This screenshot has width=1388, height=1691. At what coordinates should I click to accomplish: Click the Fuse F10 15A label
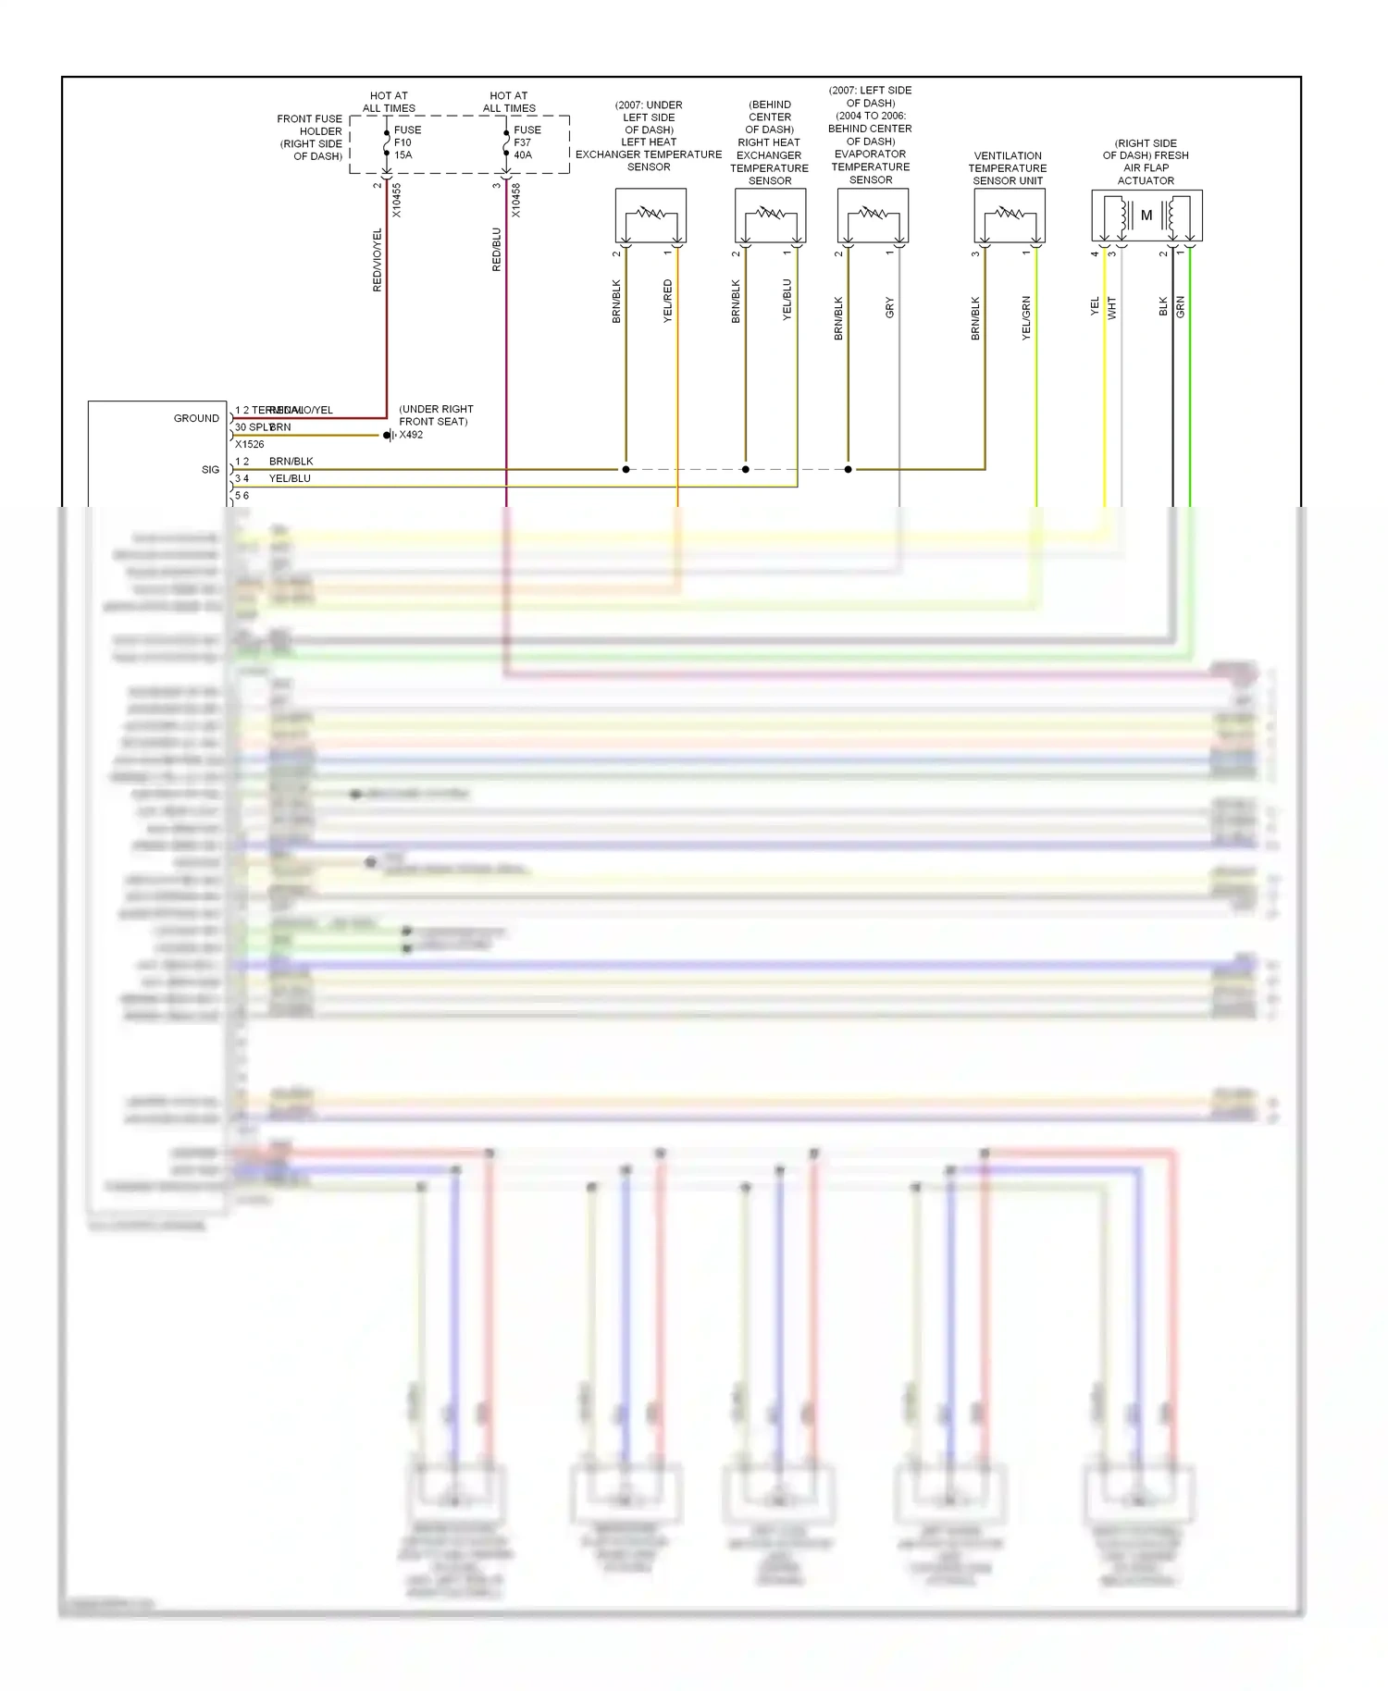[x=406, y=142]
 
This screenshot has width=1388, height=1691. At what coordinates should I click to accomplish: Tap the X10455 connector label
[x=397, y=200]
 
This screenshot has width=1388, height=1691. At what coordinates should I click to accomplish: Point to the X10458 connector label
[x=516, y=200]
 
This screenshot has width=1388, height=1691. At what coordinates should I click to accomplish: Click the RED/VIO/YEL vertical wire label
[x=378, y=260]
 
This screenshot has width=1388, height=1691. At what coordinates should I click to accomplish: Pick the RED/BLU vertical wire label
[x=497, y=249]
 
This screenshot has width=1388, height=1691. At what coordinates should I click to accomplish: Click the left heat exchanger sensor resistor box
[x=651, y=216]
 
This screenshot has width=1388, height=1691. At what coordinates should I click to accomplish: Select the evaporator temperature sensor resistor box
[x=873, y=216]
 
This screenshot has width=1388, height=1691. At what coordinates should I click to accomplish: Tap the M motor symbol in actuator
[x=1146, y=216]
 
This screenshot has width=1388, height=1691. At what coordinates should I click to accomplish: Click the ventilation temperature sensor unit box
[x=1009, y=216]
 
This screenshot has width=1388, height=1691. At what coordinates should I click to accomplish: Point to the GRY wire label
[x=890, y=307]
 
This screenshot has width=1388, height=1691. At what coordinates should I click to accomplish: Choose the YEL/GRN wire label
[x=1026, y=318]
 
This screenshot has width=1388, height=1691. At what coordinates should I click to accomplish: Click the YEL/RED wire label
[x=668, y=301]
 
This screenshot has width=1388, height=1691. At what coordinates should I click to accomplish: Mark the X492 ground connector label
[x=411, y=435]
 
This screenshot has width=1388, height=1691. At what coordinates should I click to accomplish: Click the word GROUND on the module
[x=196, y=418]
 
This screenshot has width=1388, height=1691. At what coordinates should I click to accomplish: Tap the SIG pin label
[x=210, y=470]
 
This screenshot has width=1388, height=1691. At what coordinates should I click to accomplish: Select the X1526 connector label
[x=249, y=444]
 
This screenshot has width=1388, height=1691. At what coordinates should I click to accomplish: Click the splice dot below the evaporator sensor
[x=849, y=469]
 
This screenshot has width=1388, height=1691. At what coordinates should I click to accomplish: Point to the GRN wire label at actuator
[x=1181, y=307]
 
